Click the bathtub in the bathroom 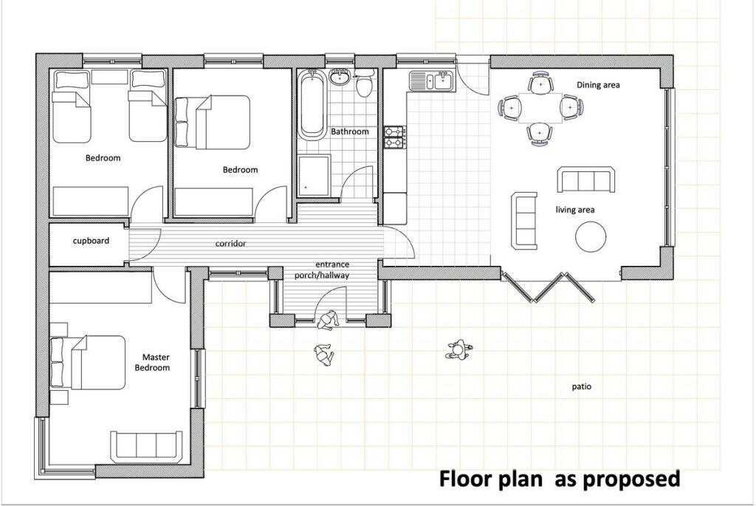312,105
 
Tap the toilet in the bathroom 363,82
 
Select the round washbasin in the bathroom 340,77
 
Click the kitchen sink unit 430,81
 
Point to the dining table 540,108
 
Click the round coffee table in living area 591,236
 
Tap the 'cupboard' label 91,241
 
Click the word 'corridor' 230,244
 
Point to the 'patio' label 582,386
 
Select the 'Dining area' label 598,85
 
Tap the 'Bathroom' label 349,131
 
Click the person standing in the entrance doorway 328,320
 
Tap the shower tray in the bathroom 314,176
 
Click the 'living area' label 574,210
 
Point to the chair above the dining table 540,83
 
